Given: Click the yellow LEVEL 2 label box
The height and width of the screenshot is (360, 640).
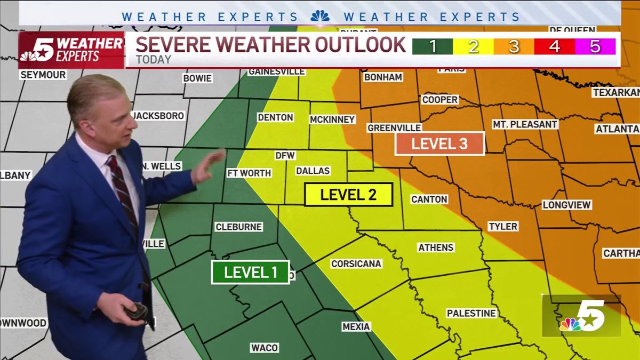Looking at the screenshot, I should click(x=349, y=195).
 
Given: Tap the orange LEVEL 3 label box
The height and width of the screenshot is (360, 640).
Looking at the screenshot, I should click(x=439, y=143).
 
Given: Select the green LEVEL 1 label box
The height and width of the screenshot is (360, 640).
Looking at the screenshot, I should click(x=250, y=272).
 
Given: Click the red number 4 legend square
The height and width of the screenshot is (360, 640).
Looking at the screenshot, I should click(x=555, y=47).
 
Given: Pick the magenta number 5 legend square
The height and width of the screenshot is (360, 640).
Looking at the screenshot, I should click(x=595, y=47).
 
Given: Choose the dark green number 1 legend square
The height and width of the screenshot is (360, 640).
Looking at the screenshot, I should click(x=432, y=47).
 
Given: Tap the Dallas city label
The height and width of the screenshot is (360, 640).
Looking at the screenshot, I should click(x=313, y=171).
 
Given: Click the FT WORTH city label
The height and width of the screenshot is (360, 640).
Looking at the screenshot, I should click(x=249, y=173).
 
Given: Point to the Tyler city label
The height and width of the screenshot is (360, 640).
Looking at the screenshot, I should click(x=503, y=226).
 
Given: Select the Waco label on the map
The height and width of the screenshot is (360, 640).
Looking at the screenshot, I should click(x=265, y=348).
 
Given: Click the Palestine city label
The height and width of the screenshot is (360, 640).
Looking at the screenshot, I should click(x=471, y=313).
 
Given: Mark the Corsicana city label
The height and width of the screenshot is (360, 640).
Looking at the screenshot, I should click(x=356, y=263).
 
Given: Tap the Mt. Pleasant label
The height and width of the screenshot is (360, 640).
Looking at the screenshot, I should click(x=524, y=124).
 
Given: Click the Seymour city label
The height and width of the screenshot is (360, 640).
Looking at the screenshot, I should click(x=43, y=75).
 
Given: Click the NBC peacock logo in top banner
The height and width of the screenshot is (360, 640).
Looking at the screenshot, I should click(x=320, y=16).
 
